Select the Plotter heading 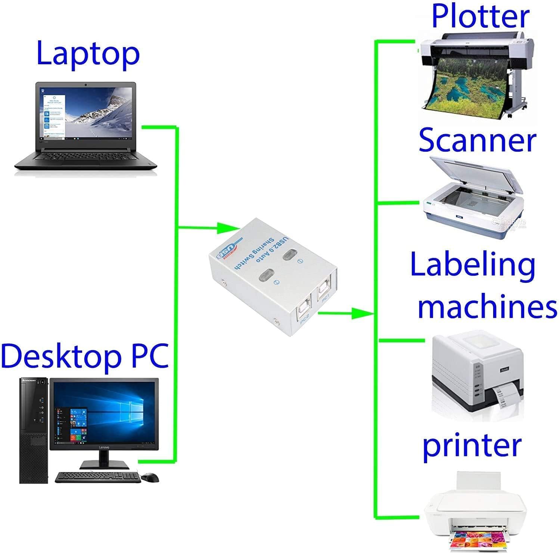pos(480,16)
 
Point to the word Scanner pos(477,140)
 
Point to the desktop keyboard pos(98,477)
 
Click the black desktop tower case pos(34,430)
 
